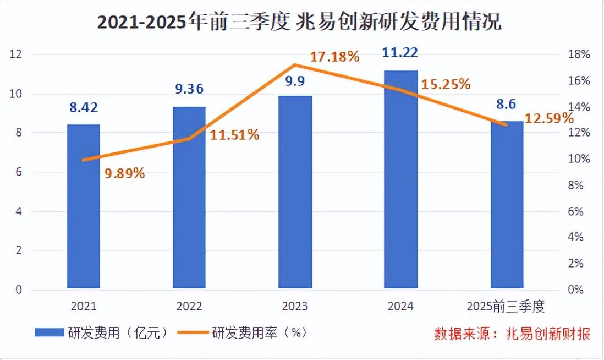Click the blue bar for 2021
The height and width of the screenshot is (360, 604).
84,206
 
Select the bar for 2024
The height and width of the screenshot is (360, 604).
401,179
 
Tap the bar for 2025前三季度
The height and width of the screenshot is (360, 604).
507,205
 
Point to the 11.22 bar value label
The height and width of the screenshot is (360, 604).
401,53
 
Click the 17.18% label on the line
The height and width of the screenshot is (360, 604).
334,57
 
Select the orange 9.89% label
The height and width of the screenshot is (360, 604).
124,173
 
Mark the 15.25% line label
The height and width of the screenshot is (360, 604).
446,84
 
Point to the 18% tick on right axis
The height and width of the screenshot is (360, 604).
579,54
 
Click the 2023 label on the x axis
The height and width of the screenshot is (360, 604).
295,307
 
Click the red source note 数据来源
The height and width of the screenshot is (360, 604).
512,334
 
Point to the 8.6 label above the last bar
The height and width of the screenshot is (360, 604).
507,103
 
